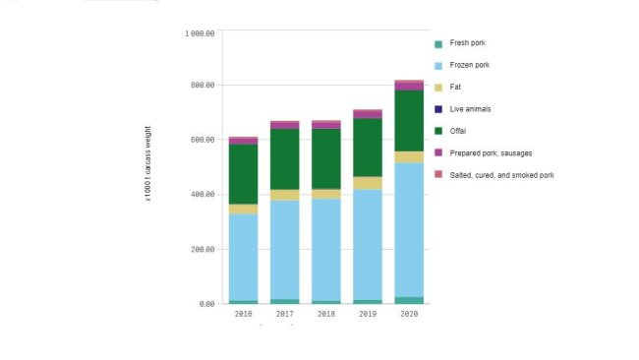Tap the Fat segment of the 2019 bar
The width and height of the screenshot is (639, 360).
368,183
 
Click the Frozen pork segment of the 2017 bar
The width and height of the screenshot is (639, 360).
285,250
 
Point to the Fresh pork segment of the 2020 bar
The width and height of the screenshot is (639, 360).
409,300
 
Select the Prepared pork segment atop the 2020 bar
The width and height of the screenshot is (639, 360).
409,86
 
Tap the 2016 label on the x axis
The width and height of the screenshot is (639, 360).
243,315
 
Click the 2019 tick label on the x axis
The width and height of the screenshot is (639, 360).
368,315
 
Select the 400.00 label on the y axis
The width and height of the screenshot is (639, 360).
201,195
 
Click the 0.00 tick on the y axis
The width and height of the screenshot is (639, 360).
205,304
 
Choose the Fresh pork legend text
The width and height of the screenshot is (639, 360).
467,43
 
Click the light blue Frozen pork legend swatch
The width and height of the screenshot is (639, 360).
438,66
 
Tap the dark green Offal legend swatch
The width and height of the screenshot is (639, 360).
438,131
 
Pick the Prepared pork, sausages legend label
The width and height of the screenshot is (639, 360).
493,152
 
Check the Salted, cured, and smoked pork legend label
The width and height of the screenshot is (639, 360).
501,174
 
